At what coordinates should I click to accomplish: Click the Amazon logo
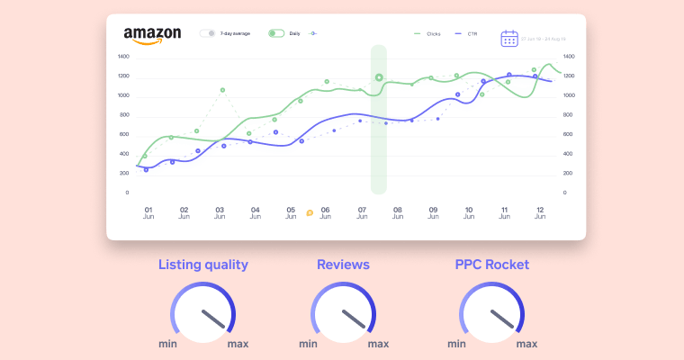(x=152, y=35)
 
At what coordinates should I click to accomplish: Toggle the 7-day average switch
(x=208, y=33)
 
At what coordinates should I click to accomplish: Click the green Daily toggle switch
(x=275, y=33)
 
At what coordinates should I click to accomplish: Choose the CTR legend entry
(x=466, y=33)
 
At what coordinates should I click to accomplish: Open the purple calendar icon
(x=509, y=38)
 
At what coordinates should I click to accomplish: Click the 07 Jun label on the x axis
(x=362, y=212)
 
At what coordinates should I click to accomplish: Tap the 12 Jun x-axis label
(x=540, y=212)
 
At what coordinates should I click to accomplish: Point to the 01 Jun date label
(x=148, y=212)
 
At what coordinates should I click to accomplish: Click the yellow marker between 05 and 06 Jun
(x=310, y=213)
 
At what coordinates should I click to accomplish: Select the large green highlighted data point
(x=379, y=77)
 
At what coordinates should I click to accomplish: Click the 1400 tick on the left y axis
(x=123, y=56)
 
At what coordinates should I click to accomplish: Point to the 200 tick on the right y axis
(x=569, y=173)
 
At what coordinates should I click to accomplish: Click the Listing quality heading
(x=203, y=265)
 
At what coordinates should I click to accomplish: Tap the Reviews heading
(x=343, y=265)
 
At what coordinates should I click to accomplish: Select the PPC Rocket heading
(x=491, y=265)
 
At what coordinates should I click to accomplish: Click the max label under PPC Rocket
(x=526, y=343)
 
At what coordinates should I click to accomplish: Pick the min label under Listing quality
(x=167, y=343)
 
